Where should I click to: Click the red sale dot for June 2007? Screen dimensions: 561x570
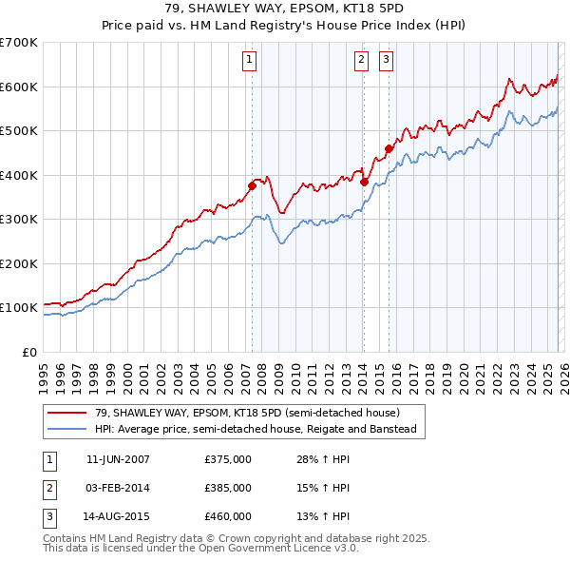point(253,185)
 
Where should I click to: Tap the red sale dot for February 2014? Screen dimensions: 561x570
point(364,181)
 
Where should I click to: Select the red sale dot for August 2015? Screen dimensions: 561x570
point(389,148)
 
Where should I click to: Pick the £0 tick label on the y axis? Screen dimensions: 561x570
point(28,352)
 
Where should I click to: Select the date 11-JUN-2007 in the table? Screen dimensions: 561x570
point(118,459)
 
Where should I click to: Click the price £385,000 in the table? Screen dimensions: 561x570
point(227,488)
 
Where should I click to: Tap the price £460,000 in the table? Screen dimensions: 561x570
point(227,516)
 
